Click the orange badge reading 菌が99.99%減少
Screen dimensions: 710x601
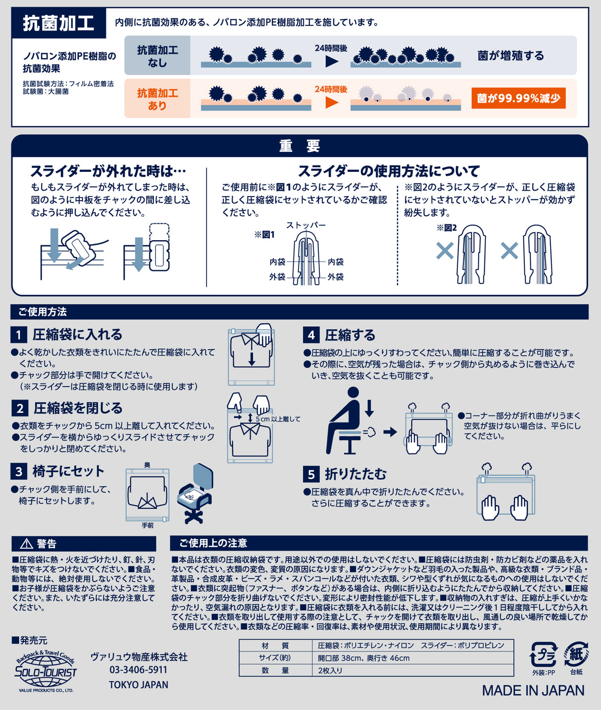(x=518, y=98)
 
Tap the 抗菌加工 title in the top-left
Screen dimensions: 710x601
(x=58, y=23)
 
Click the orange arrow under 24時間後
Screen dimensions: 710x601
(x=332, y=102)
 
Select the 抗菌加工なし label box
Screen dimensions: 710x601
(x=157, y=56)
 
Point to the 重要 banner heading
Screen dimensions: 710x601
(x=300, y=146)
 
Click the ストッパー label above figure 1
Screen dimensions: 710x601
(x=306, y=225)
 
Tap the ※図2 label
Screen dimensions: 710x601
(x=446, y=228)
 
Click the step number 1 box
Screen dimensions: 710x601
(x=19, y=335)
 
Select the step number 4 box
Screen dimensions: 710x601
(x=311, y=335)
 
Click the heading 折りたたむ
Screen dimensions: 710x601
(x=355, y=474)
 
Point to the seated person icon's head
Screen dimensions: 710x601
(x=353, y=393)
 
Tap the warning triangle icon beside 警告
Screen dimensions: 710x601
(x=26, y=544)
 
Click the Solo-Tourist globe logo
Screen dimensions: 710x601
(x=46, y=671)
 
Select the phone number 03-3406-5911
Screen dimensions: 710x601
(x=139, y=670)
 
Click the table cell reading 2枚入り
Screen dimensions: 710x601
(x=330, y=670)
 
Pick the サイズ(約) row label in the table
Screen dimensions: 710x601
(x=275, y=658)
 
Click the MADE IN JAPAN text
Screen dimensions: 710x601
(x=533, y=691)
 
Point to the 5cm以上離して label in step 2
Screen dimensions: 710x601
(x=278, y=419)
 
